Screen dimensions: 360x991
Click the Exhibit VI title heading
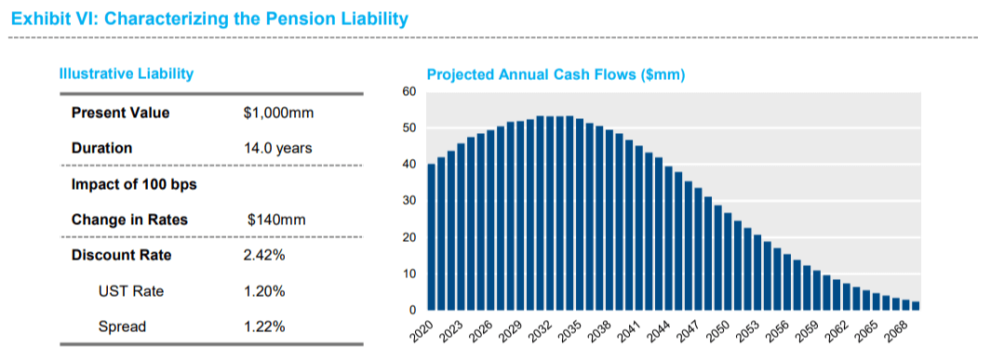[x=208, y=18]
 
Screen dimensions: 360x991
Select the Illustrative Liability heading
[x=127, y=73]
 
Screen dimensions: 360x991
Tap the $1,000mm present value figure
[x=278, y=113]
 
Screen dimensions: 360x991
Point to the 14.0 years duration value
[x=277, y=148]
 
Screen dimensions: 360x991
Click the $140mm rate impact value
[x=276, y=220]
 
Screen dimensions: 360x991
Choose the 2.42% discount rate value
[x=264, y=256]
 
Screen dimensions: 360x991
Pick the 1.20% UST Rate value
[x=264, y=291]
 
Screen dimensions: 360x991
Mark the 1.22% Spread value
[x=264, y=327]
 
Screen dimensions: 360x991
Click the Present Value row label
[x=120, y=113]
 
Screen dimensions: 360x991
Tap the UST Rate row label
[x=130, y=291]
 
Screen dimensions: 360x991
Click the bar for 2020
[x=432, y=237]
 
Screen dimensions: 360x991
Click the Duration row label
[x=101, y=148]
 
